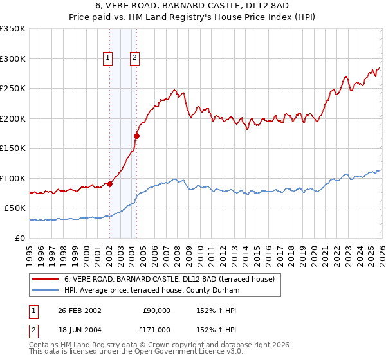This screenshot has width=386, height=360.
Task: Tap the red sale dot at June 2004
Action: click(136, 136)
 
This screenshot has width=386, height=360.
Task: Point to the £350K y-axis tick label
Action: click(13, 29)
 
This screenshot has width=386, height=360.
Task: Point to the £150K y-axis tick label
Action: click(13, 148)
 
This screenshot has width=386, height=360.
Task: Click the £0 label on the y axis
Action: click(21, 238)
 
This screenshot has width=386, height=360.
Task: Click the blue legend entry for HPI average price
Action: click(152, 291)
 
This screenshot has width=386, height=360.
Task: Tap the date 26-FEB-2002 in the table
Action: click(79, 310)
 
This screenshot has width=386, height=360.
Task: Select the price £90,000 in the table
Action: click(156, 310)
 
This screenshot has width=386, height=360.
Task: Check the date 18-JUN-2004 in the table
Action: click(79, 329)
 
